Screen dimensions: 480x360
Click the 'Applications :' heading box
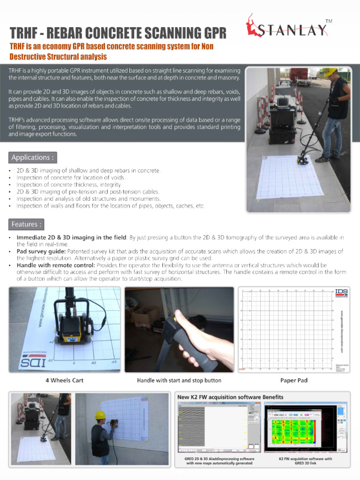point(33,157)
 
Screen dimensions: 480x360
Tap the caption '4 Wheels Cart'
point(64,380)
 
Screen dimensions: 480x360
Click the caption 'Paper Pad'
point(294,380)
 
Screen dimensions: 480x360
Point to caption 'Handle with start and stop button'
point(179,380)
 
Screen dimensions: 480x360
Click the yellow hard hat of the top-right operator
point(332,72)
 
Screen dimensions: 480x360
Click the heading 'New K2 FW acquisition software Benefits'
point(230,397)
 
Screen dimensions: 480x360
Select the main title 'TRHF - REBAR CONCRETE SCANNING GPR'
point(118,34)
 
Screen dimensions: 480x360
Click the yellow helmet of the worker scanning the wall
point(99,415)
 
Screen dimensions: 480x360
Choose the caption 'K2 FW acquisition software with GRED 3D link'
point(306,461)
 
